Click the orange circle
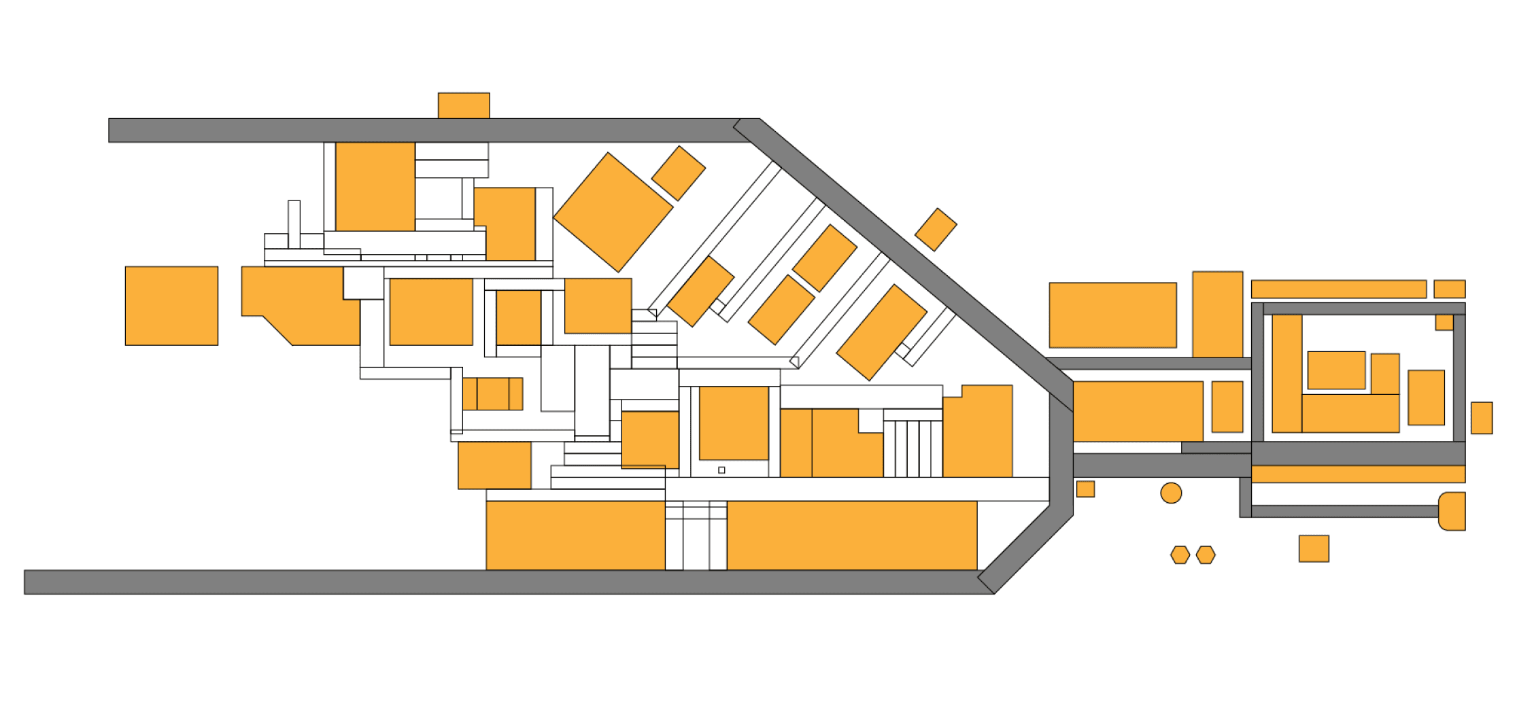[1171, 493]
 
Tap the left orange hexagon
[1180, 554]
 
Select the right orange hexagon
[1206, 554]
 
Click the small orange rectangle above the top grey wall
[464, 105]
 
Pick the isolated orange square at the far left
[171, 306]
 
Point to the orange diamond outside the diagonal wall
[936, 230]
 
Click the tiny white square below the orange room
[721, 470]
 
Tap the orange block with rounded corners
[1452, 511]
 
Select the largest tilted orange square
[613, 212]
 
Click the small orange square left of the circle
[1085, 489]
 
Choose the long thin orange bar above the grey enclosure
[1338, 289]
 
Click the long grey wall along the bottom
[476, 582]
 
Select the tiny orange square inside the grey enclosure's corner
[1444, 322]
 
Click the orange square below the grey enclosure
[1314, 548]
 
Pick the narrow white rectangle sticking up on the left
[294, 224]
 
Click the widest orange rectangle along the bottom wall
[851, 535]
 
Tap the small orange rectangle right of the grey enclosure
[1482, 417]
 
